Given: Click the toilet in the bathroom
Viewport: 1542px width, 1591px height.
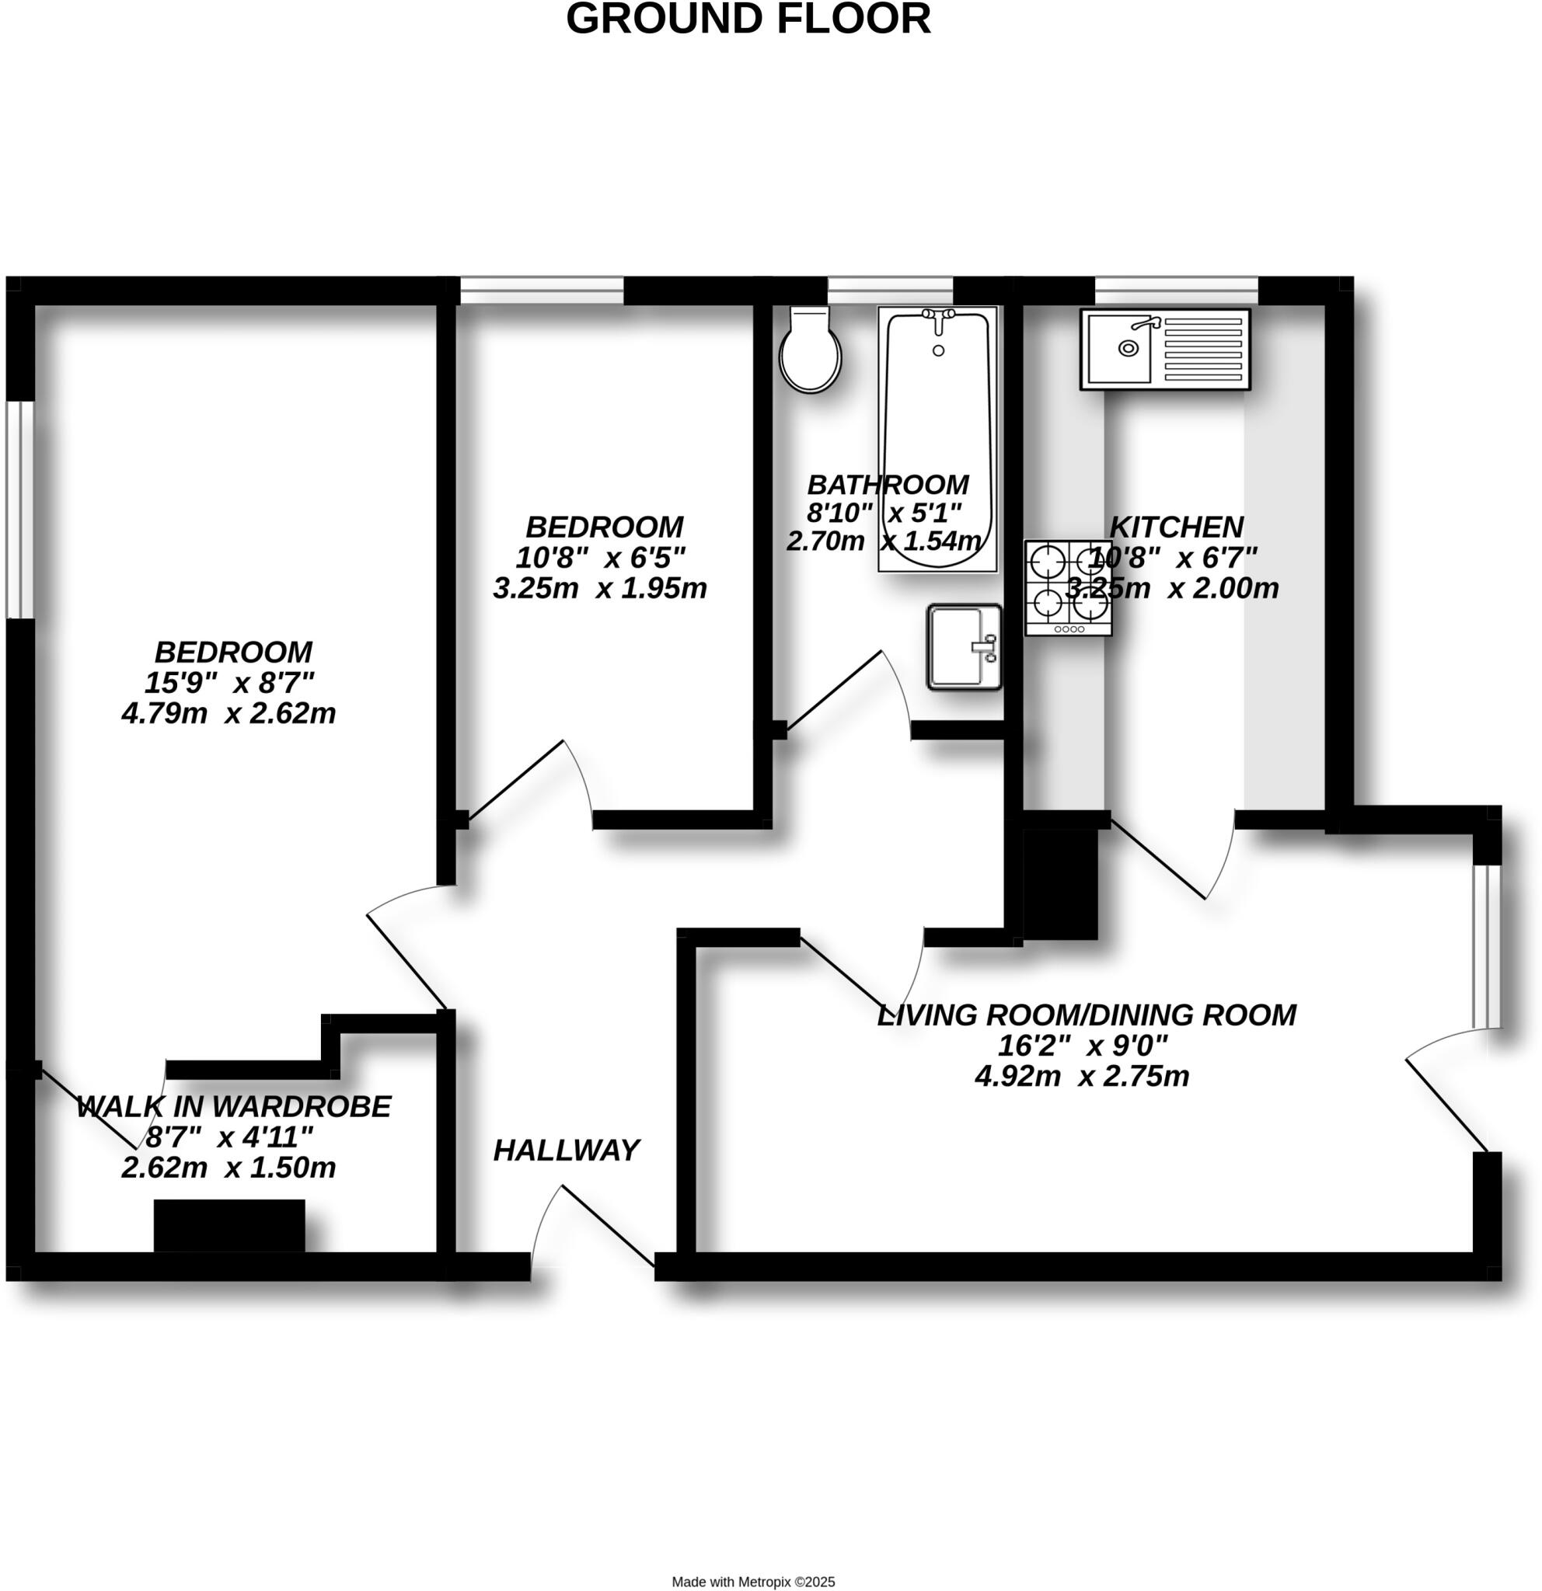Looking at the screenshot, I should click(x=809, y=351).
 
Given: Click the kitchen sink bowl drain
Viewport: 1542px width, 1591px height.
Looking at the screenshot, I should click(x=1128, y=348).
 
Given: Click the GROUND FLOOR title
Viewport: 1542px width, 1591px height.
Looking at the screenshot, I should click(x=748, y=19).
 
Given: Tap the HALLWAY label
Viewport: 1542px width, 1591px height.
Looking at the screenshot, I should click(x=566, y=1151).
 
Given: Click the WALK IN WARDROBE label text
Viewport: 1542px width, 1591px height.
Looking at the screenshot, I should click(x=234, y=1106).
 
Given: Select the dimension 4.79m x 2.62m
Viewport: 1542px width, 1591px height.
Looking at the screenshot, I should click(x=229, y=713).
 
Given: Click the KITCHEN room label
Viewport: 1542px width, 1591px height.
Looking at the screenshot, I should click(x=1176, y=527).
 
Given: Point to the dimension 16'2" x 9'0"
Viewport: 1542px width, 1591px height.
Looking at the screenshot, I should click(x=1083, y=1046).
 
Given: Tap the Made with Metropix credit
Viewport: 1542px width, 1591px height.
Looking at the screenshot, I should click(x=752, y=1581).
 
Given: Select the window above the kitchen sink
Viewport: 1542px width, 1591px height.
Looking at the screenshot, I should click(x=1176, y=289).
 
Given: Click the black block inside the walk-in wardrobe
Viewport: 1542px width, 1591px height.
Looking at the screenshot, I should click(x=229, y=1226).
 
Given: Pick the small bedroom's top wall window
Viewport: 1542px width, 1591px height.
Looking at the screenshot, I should click(x=541, y=289).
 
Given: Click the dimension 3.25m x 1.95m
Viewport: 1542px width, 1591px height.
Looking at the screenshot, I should click(x=599, y=589).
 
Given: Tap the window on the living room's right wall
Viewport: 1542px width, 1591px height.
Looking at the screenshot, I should click(x=1487, y=945).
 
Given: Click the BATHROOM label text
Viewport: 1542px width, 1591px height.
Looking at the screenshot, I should click(x=888, y=485).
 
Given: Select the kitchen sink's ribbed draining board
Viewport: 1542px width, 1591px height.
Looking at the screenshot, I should click(x=1202, y=349).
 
